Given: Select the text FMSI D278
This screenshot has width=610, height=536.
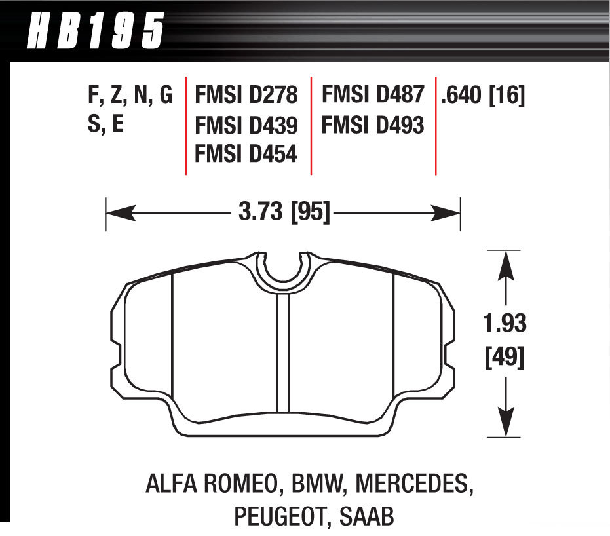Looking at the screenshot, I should click(246, 96).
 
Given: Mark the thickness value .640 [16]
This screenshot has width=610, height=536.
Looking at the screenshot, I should click(483, 96).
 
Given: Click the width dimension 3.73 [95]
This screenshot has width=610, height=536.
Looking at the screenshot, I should click(283, 212).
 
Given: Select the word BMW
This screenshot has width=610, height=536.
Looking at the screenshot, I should click(318, 485).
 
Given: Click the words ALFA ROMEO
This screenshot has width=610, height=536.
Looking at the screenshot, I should click(211, 485).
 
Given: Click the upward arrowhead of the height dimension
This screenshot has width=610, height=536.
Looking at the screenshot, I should click(505, 266).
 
